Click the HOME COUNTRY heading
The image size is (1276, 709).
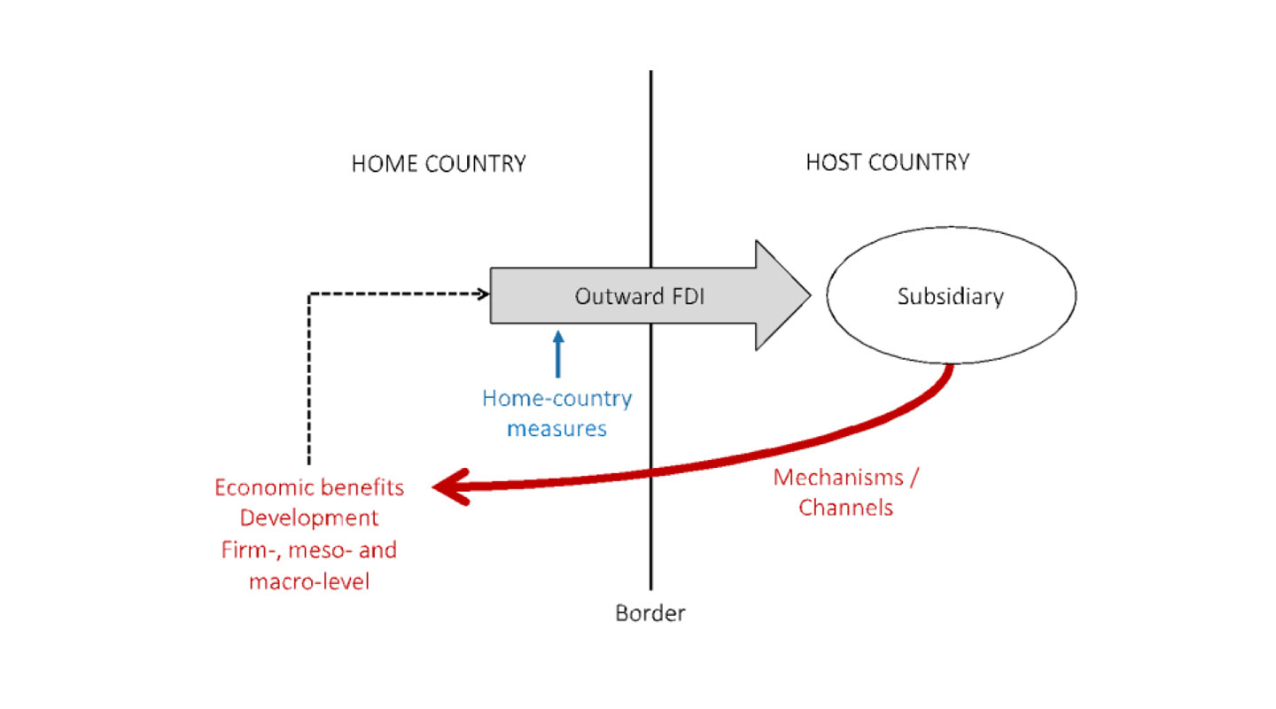(439, 164)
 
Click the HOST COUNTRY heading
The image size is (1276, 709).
(887, 162)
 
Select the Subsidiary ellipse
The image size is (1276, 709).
(951, 296)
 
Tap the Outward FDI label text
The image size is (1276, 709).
(640, 296)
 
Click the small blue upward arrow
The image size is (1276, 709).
(557, 354)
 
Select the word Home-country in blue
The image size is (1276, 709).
(556, 398)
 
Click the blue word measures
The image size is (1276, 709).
(556, 428)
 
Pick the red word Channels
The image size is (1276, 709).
(845, 508)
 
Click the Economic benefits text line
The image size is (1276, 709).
(309, 487)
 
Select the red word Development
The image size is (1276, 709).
(309, 518)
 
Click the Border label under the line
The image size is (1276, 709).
(650, 613)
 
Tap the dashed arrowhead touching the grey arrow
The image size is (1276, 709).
(484, 293)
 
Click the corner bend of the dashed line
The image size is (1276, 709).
(308, 294)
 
